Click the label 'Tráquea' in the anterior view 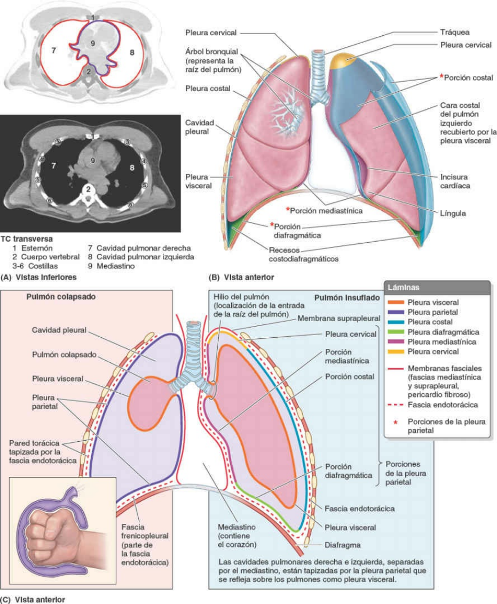point(455,32)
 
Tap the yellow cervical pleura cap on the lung point(344,60)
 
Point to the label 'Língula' point(453,213)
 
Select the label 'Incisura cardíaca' point(455,181)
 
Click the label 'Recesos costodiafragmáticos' point(304,255)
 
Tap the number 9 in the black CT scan point(92,160)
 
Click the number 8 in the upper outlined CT point(132,52)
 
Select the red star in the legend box point(395,422)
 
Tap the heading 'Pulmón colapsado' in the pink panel point(61,297)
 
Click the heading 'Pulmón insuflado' point(347,298)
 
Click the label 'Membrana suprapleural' point(338,318)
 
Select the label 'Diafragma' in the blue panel point(343,545)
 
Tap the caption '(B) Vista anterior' point(241,277)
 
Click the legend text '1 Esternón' point(33,248)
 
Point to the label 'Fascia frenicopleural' point(145,531)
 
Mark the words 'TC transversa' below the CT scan point(27,239)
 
